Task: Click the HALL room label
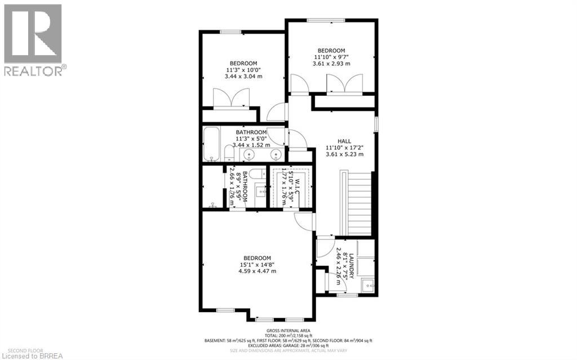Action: tap(344, 141)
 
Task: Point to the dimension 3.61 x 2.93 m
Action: tap(331, 64)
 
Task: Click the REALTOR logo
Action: tap(33, 39)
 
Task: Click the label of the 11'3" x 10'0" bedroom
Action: tap(243, 63)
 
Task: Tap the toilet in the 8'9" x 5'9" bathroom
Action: tap(214, 205)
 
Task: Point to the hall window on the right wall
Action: tap(376, 123)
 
